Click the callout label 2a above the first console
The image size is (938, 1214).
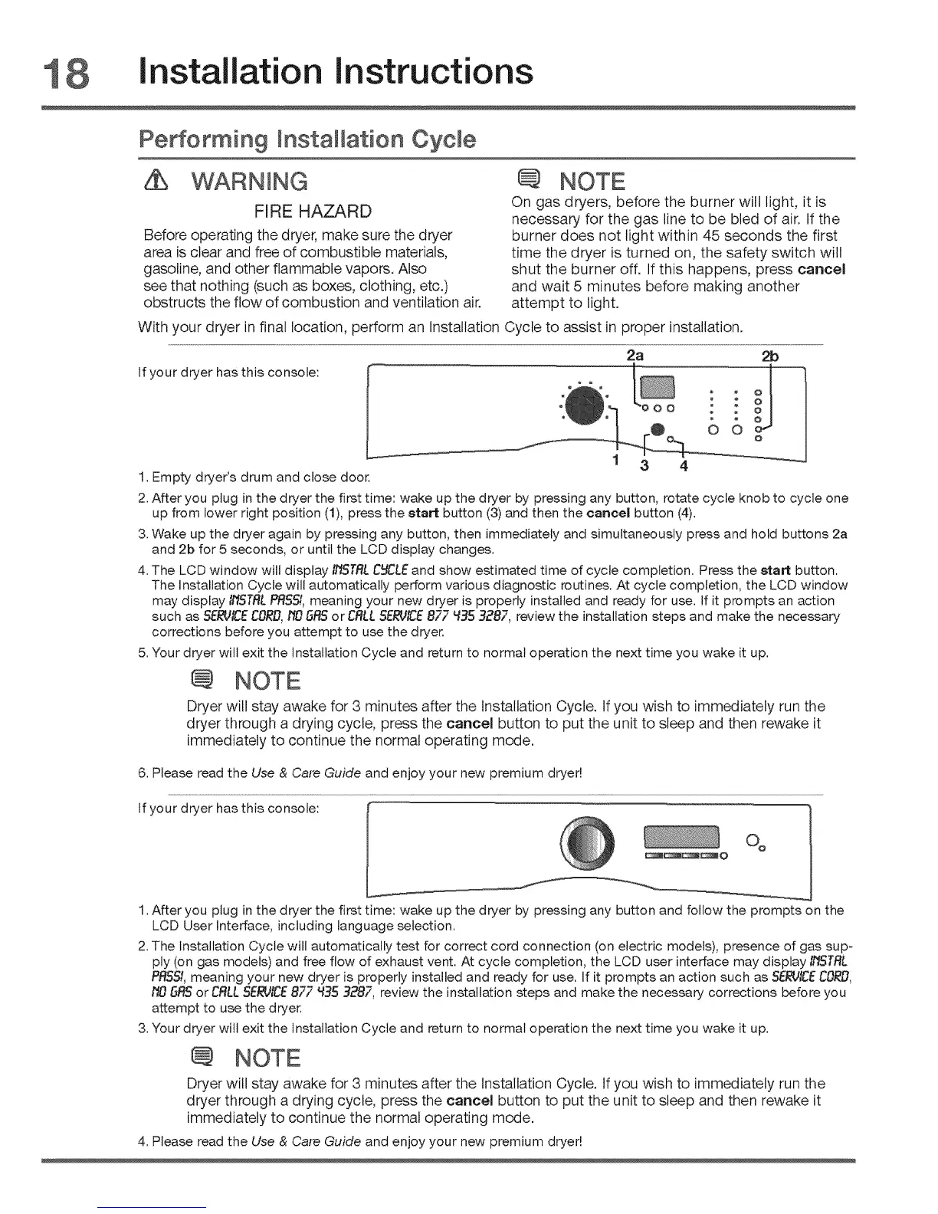click(x=635, y=356)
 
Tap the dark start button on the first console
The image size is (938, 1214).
click(x=656, y=429)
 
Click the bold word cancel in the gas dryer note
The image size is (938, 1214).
click(x=821, y=270)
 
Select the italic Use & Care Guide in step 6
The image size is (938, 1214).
click(x=306, y=773)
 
